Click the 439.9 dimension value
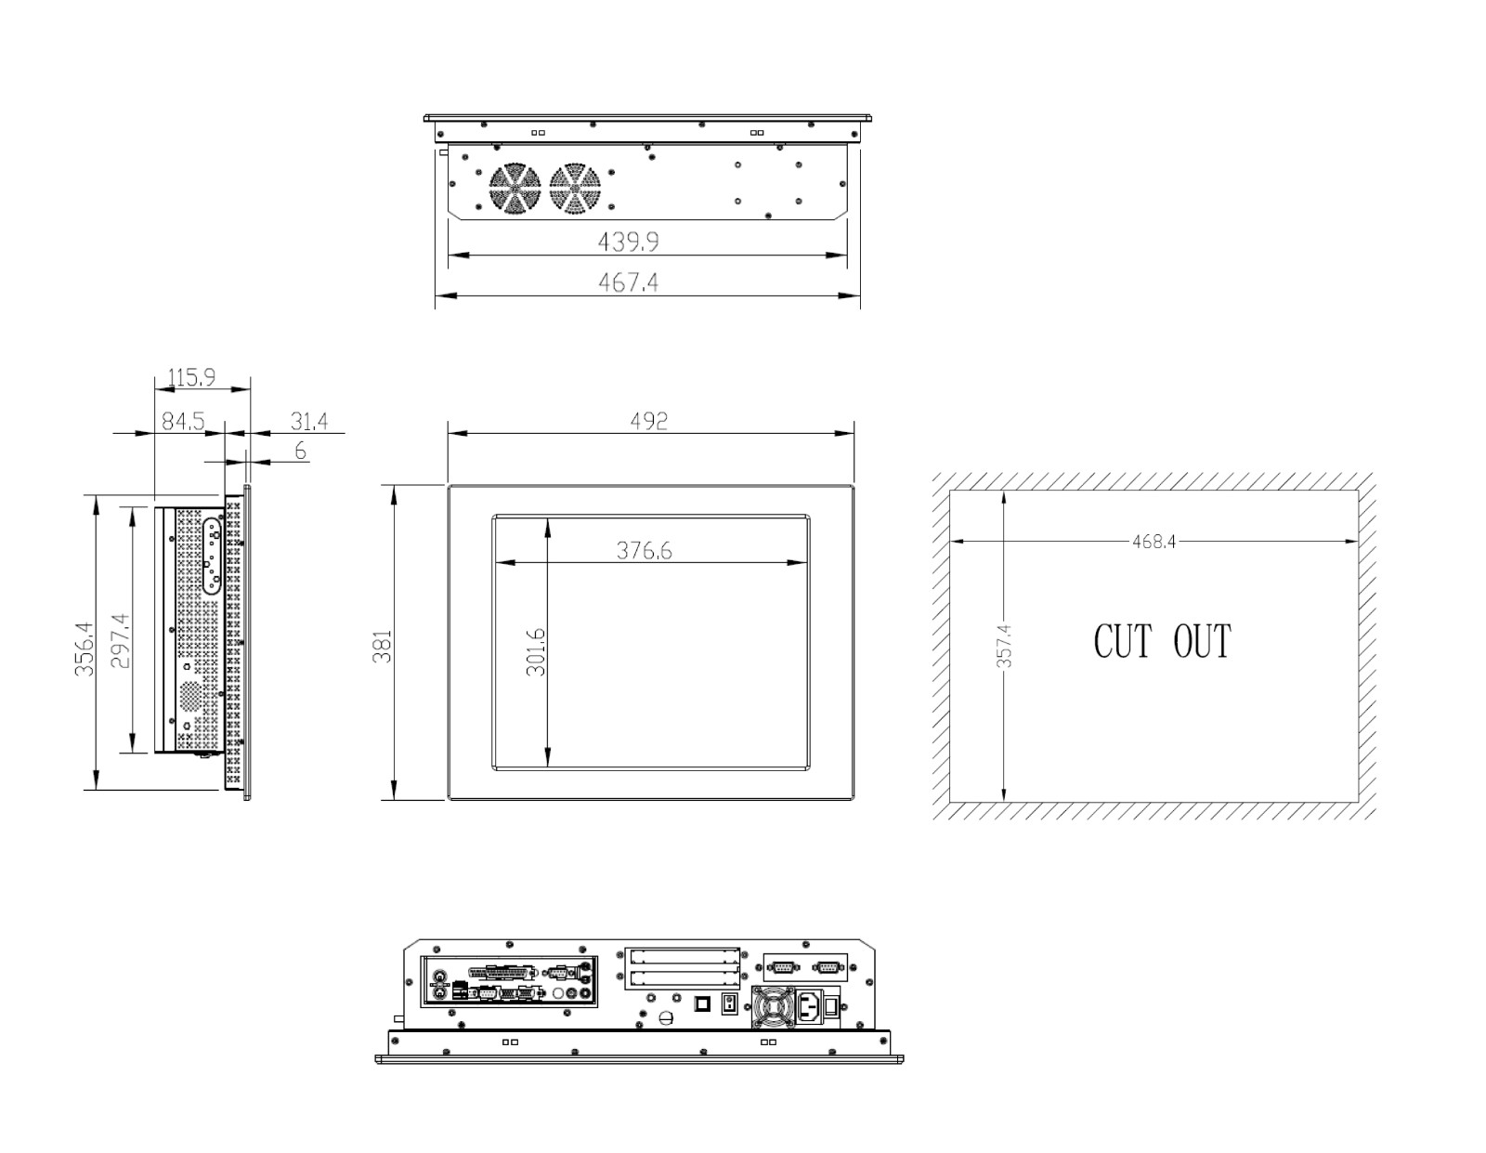tap(628, 242)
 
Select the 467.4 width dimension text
tap(628, 282)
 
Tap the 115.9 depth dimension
tap(191, 377)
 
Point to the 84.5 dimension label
tap(183, 421)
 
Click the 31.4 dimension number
tap(309, 421)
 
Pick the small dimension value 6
tap(300, 451)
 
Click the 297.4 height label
tap(120, 640)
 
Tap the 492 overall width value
tap(648, 421)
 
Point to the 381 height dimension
tap(383, 647)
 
